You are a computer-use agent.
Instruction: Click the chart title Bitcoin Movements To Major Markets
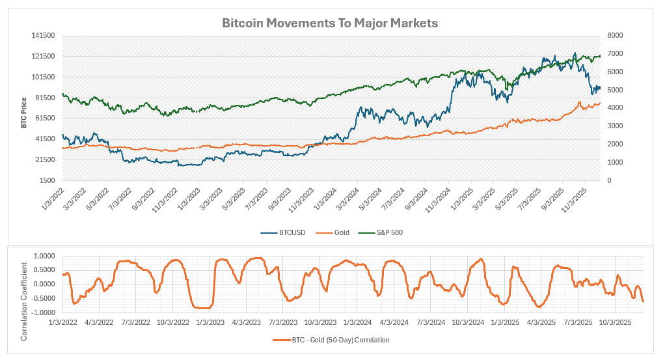330,23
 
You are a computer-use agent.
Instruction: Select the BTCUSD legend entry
283,232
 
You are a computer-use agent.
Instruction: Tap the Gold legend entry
333,232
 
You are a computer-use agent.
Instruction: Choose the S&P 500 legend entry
381,232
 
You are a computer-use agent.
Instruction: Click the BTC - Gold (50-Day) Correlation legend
331,340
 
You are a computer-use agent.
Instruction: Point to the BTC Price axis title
23,113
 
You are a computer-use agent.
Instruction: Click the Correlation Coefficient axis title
23,301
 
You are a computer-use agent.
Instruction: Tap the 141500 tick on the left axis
43,36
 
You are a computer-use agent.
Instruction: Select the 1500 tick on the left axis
47,180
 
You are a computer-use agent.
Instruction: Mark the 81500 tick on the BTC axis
45,98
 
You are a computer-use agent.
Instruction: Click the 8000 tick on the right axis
616,36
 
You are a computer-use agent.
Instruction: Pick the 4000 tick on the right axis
616,108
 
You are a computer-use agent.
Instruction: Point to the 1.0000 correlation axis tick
44,256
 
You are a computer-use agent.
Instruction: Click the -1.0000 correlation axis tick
44,313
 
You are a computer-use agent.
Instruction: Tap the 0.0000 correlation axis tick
44,284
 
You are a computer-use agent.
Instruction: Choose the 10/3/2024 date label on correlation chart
468,322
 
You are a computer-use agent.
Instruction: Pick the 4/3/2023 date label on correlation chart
247,322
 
